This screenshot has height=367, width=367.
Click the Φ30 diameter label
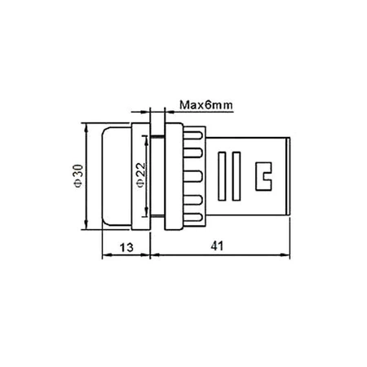(x=75, y=174)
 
